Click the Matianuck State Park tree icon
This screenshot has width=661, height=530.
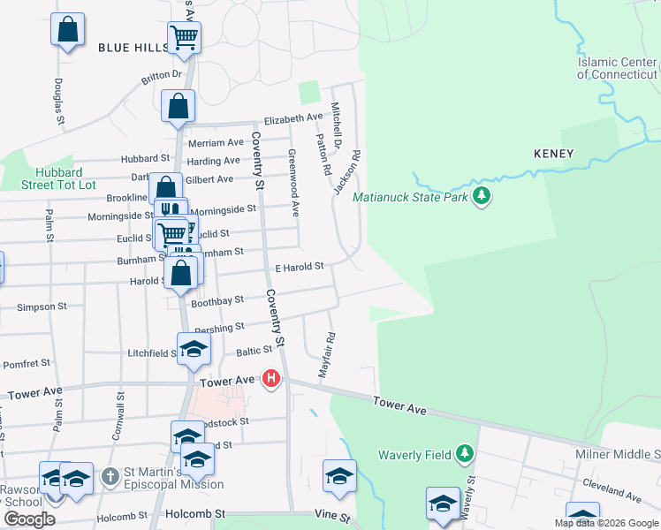coord(481,195)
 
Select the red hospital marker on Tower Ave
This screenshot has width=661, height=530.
coord(272,379)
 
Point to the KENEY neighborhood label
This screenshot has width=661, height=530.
coord(554,154)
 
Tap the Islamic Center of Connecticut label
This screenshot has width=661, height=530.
coord(618,68)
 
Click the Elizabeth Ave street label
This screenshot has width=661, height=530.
coord(293,117)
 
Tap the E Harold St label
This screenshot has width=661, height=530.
coord(300,265)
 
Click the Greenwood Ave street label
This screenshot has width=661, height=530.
coord(293,182)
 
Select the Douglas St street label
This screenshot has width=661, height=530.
coord(58,100)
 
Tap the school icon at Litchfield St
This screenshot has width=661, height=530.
coord(194,350)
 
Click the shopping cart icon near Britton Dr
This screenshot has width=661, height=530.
coord(185,37)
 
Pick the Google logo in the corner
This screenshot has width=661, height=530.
coord(29,519)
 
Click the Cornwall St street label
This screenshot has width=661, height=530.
coord(119,416)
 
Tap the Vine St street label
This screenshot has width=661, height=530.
coord(332,513)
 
